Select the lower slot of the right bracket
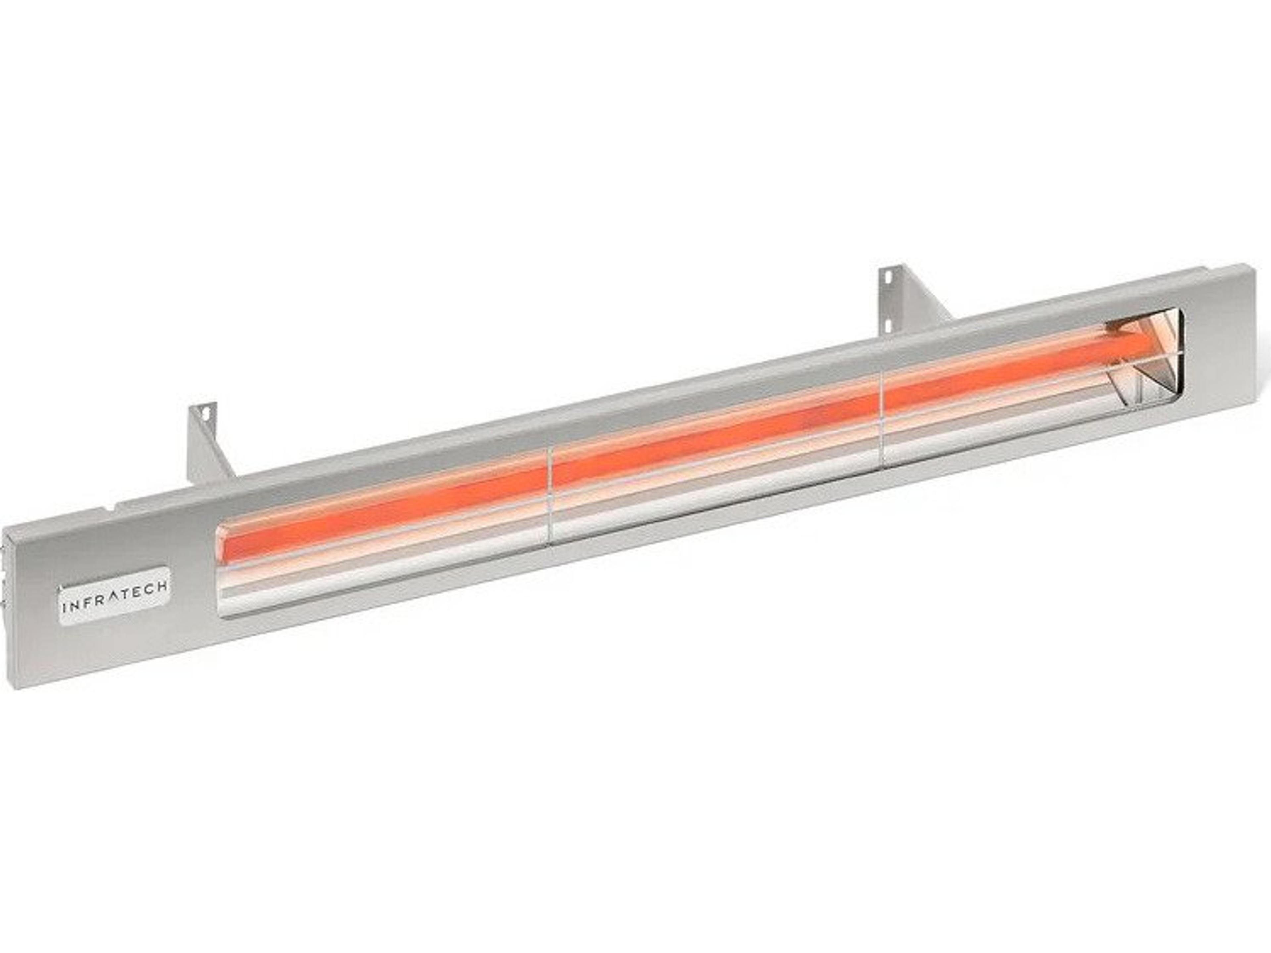point(889,325)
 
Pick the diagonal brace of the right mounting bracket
point(925,301)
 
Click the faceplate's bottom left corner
point(17,688)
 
